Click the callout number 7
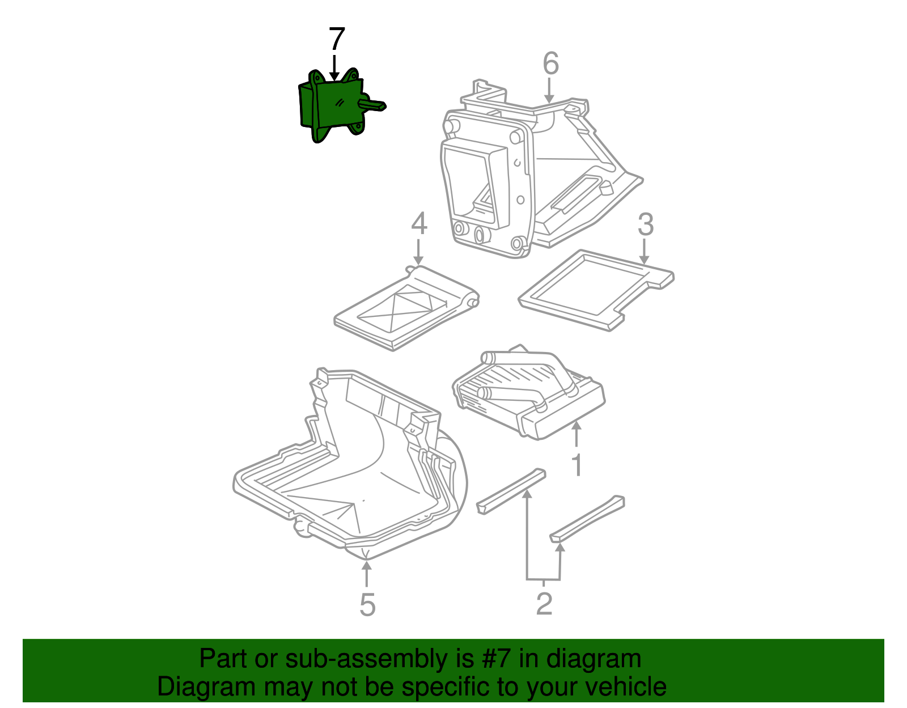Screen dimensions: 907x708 pos(337,39)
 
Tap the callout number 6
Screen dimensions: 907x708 pos(550,64)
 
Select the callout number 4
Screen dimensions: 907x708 pos(419,223)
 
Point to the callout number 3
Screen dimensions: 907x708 pos(645,224)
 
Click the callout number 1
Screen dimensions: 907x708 pos(577,465)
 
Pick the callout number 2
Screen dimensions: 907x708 pos(544,603)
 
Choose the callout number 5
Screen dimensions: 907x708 pos(367,604)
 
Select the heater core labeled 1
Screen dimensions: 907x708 pos(528,392)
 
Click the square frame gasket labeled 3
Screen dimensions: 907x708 pos(596,290)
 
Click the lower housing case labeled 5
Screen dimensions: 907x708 pos(350,463)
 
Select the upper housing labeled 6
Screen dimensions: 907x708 pos(539,167)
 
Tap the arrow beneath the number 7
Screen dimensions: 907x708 pos(334,67)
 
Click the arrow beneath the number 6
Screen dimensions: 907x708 pos(549,90)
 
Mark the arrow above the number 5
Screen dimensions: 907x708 pos(366,574)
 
